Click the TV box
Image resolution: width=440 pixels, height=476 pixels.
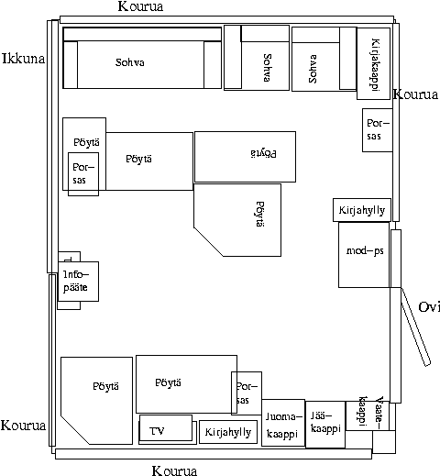(166, 428)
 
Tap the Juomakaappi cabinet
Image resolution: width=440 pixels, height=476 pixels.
(283, 423)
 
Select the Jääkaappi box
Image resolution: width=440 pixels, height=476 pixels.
(325, 425)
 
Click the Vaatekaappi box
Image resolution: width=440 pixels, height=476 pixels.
(368, 415)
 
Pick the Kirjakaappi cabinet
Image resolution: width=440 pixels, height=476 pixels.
(374, 63)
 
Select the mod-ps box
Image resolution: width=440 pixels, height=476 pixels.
(364, 255)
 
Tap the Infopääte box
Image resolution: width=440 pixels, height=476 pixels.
(78, 282)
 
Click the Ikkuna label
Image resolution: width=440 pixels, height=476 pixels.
(24, 59)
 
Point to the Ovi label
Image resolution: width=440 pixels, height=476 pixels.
(429, 307)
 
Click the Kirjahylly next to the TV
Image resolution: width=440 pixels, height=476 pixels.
(228, 432)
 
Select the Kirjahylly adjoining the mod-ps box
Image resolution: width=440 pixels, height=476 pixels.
(362, 210)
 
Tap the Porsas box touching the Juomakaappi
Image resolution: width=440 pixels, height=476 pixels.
(247, 393)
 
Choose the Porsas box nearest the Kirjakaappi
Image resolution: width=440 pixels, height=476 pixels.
(378, 130)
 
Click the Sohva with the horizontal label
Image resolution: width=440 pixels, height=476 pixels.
(142, 58)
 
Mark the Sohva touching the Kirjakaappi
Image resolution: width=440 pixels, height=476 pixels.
(324, 59)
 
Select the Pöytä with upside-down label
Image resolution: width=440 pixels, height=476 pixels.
(245, 157)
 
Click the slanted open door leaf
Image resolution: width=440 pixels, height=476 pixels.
(415, 327)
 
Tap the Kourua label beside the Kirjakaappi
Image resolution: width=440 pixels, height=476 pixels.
(416, 94)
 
